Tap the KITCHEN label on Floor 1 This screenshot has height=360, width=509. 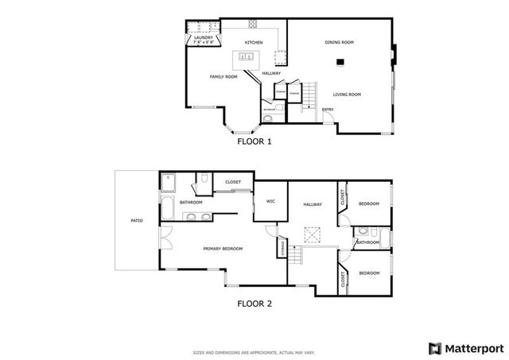254,42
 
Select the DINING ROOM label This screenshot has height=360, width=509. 340,42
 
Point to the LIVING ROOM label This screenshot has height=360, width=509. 348,95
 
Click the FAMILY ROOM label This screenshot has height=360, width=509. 223,76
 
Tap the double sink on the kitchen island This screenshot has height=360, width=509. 246,58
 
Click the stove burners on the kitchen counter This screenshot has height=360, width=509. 254,24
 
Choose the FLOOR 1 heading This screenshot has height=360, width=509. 254,142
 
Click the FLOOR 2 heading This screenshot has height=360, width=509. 254,303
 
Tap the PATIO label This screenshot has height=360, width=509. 137,220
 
